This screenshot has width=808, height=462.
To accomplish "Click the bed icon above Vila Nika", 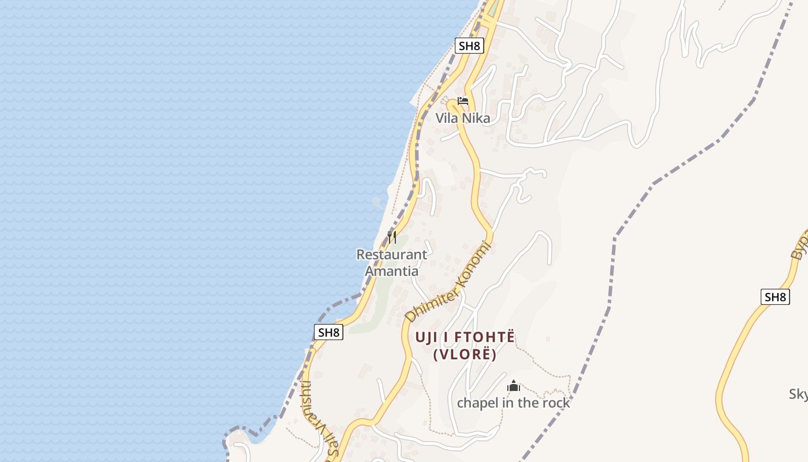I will click(x=463, y=101).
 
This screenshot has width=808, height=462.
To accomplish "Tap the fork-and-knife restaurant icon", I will click(x=392, y=237).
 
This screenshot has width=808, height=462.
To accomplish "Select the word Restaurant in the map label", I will click(x=391, y=255).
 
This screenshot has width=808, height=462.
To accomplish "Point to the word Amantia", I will click(x=391, y=271).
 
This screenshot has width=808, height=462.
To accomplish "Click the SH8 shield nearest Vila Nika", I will click(x=469, y=46).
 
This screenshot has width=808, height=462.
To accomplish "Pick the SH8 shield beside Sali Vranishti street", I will click(x=328, y=332).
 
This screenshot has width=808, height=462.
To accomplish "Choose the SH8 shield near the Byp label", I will click(x=775, y=297).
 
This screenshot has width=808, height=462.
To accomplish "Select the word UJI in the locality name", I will click(x=427, y=337).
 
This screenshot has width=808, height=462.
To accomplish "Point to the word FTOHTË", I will click(x=484, y=337).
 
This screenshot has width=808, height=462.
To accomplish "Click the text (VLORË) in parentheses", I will click(x=465, y=355).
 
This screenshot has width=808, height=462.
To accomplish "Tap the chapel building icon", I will click(x=514, y=386).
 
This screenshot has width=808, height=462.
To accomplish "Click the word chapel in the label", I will click(x=477, y=403).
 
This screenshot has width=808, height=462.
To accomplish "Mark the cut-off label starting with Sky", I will click(x=798, y=394).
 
